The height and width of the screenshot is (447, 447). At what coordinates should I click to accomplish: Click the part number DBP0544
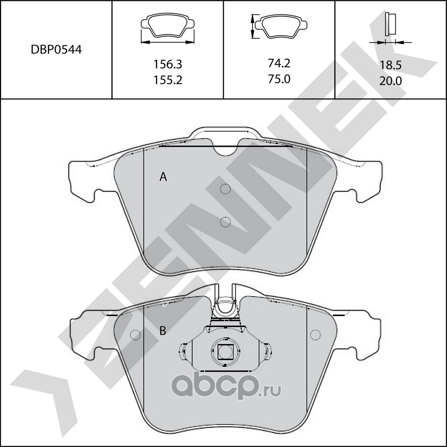(56, 50)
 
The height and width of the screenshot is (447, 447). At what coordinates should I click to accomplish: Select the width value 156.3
(168, 64)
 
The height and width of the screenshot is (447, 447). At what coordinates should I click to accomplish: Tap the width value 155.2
(168, 80)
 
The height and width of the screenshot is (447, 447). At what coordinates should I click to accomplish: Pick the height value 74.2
(279, 63)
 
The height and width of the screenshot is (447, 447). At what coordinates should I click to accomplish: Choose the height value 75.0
(279, 79)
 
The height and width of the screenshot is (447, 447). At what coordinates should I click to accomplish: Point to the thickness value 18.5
(391, 65)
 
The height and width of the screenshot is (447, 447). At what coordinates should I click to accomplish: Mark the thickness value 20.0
(391, 81)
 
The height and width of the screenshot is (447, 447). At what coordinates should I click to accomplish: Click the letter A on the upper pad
(163, 177)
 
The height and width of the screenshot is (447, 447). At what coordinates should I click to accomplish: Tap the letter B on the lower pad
(163, 331)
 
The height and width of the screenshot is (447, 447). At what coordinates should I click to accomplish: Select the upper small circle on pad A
(226, 189)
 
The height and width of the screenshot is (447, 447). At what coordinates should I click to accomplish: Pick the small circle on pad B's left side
(134, 335)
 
